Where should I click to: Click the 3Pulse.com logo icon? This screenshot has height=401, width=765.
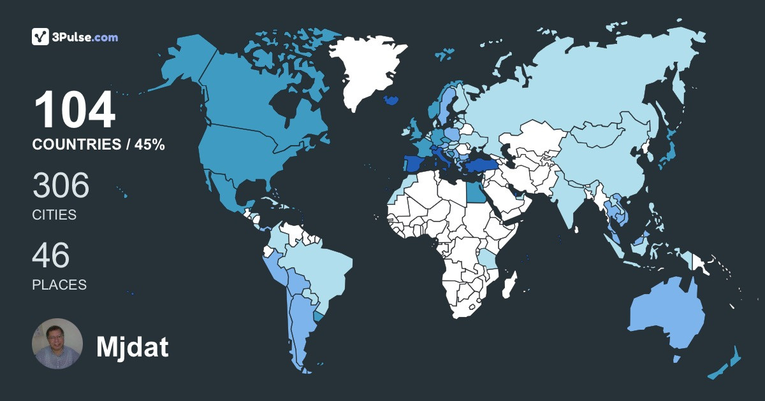pyautogui.click(x=41, y=37)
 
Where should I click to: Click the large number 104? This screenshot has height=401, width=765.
pyautogui.click(x=74, y=111)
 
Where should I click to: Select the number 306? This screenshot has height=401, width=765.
pyautogui.click(x=61, y=186)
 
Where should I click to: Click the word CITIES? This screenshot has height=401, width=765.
pyautogui.click(x=54, y=215)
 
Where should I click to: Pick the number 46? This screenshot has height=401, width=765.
pyautogui.click(x=51, y=256)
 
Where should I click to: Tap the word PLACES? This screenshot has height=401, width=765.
pyautogui.click(x=59, y=285)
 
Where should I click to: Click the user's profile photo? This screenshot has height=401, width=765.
pyautogui.click(x=57, y=344)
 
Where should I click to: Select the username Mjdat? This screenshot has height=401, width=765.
pyautogui.click(x=132, y=347)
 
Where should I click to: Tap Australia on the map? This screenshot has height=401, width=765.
pyautogui.click(x=666, y=312)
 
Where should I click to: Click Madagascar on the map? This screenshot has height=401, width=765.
pyautogui.click(x=509, y=284)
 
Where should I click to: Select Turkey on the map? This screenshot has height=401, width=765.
pyautogui.click(x=478, y=166)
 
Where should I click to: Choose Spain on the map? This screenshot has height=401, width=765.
pyautogui.click(x=412, y=164)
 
